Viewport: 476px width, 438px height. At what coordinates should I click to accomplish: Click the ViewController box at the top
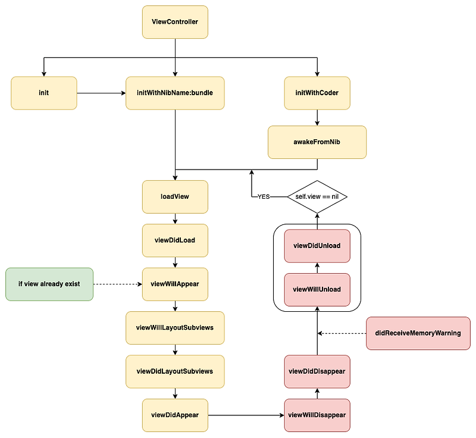[175, 22]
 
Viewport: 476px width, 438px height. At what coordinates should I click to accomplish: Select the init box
[44, 93]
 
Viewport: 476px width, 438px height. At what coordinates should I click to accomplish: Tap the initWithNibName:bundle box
[175, 93]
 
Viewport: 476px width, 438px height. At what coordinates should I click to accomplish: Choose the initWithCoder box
[317, 93]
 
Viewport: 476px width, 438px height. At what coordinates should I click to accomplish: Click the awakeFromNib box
[317, 142]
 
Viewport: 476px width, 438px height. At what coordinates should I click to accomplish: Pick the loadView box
[175, 196]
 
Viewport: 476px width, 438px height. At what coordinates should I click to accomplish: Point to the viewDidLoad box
[175, 240]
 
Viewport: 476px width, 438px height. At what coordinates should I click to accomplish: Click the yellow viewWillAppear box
[175, 284]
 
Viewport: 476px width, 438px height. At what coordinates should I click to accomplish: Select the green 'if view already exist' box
[49, 284]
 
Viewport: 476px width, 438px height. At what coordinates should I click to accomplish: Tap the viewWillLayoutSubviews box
[175, 327]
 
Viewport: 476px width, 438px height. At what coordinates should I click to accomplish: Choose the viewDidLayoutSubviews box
[175, 371]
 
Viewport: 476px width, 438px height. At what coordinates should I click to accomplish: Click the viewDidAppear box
[175, 415]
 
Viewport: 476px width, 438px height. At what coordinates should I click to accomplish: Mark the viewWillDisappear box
[317, 415]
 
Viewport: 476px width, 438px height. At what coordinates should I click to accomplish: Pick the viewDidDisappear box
[317, 371]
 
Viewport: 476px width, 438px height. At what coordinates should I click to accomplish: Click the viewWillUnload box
[317, 289]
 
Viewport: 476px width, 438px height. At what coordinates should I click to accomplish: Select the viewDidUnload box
[317, 245]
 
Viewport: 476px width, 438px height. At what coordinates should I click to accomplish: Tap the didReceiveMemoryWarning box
[418, 333]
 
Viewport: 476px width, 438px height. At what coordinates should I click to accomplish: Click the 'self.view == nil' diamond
[317, 196]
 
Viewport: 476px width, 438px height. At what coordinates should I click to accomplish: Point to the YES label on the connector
[264, 196]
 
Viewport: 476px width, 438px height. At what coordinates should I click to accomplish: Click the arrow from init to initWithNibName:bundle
[101, 93]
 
